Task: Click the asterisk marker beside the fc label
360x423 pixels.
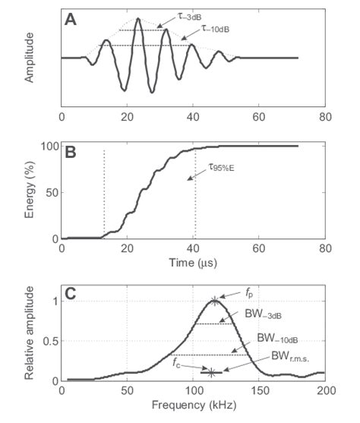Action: [x=212, y=372]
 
